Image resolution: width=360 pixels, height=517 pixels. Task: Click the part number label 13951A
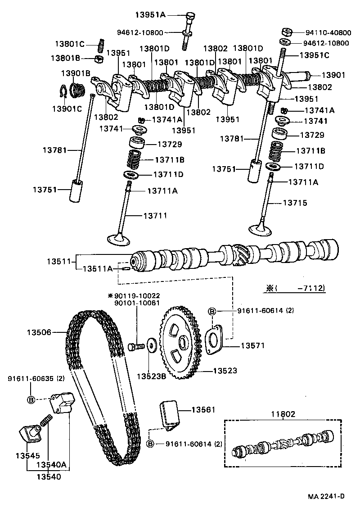[x=150, y=15]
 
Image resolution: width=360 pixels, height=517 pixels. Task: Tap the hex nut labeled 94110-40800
[x=285, y=32]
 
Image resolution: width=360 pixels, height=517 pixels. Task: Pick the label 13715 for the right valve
[x=295, y=203]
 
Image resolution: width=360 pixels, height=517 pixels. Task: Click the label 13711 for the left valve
[x=154, y=216]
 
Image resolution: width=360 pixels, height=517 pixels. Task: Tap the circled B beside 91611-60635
[x=31, y=399]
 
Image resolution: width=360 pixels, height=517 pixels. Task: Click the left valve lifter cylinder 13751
[x=77, y=192]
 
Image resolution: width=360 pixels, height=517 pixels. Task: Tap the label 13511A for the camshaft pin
[x=97, y=268]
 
